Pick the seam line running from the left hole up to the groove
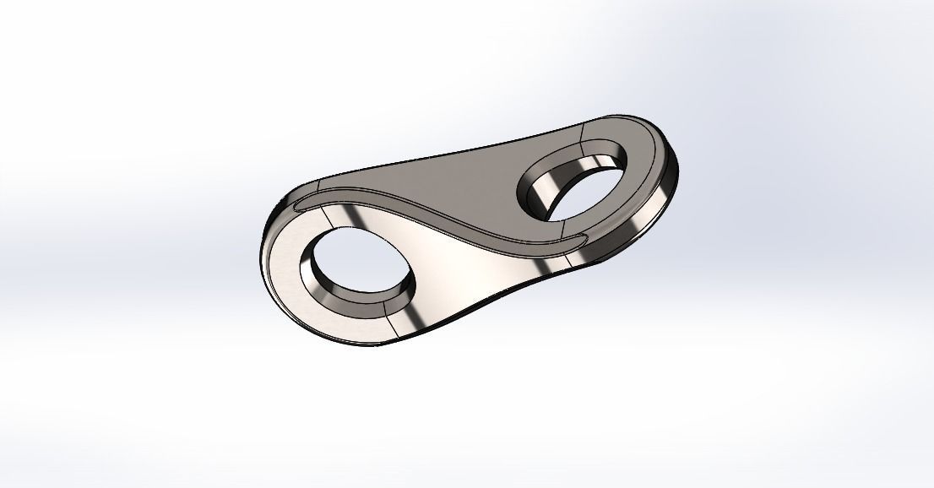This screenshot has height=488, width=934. (x=343, y=218)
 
